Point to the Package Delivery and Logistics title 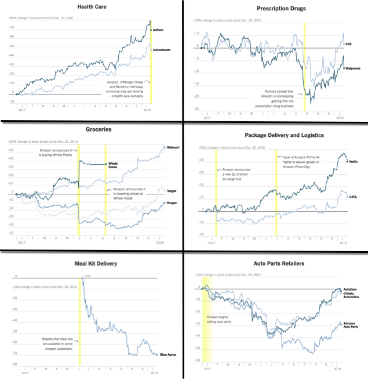(x=276, y=135)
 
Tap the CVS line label (x=348, y=44)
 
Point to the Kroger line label (x=172, y=202)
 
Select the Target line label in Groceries (x=172, y=191)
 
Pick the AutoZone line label (x=350, y=289)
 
